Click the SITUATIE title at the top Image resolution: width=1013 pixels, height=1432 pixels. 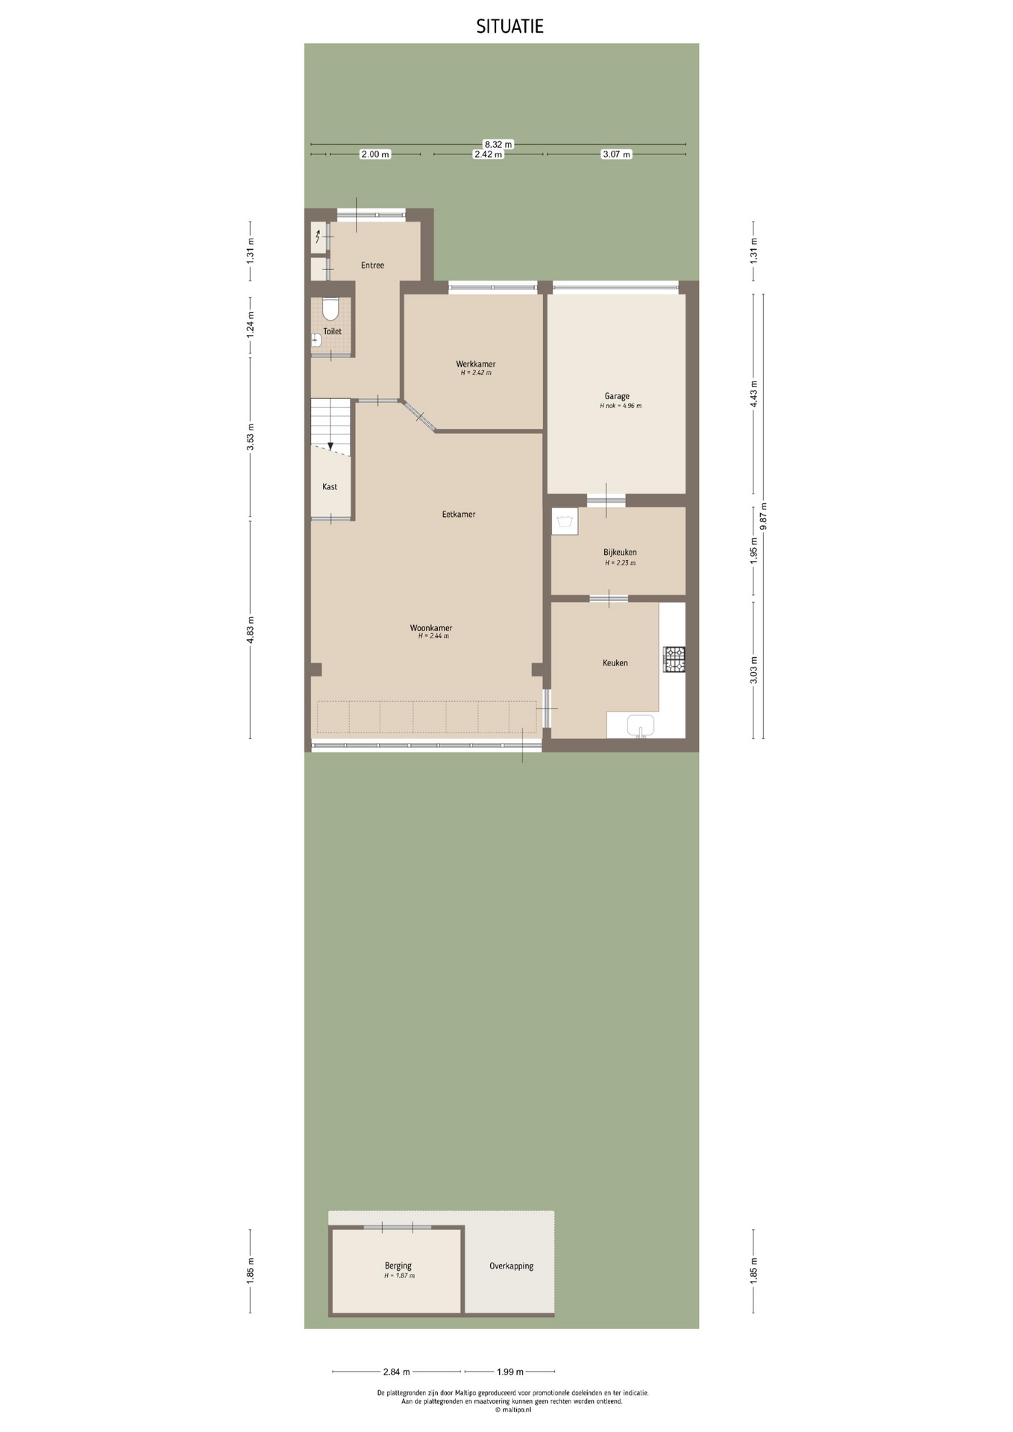[x=510, y=27]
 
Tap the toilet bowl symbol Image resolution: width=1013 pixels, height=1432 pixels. [x=330, y=309]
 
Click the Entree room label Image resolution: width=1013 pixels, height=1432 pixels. [x=372, y=265]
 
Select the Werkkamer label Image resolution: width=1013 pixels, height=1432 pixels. [x=476, y=364]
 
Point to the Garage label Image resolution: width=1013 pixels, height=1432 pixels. [x=617, y=396]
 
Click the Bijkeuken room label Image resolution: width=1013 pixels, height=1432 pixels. [x=620, y=552]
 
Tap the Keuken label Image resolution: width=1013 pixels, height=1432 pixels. [x=615, y=662]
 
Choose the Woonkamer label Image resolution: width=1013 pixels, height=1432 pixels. [x=431, y=628]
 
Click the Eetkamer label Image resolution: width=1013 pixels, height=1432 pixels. [x=459, y=514]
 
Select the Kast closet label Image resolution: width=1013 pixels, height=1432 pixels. [x=330, y=486]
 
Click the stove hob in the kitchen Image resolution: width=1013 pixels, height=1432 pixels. [x=674, y=659]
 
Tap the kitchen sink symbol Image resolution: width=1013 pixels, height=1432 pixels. [x=641, y=725]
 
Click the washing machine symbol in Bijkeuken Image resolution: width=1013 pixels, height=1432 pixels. [x=565, y=521]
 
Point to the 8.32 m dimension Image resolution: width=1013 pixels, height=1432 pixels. [x=498, y=144]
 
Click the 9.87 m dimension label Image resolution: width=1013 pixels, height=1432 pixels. [x=763, y=516]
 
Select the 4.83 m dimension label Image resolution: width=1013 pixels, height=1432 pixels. [x=251, y=629]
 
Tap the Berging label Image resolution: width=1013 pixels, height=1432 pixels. [x=398, y=1265]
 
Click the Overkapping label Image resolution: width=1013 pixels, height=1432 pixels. [x=511, y=1266]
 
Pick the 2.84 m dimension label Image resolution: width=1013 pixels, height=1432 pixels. [x=396, y=1372]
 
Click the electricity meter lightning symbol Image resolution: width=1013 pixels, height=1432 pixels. [x=318, y=237]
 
